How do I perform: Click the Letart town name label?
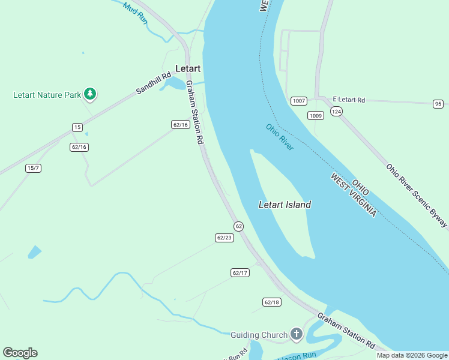coord(187,68)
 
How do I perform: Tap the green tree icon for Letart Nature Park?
coord(90,94)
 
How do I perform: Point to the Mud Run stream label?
coord(135,13)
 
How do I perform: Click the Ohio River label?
coord(280,137)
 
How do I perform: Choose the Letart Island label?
coord(285,205)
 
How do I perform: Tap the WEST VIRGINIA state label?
coord(354,196)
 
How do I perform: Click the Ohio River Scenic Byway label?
coord(416,196)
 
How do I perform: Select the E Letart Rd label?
coord(349,100)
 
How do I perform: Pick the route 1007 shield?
coord(299,101)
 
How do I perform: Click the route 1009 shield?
coord(316,115)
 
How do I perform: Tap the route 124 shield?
coord(336,112)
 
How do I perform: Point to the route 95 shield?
coord(438,104)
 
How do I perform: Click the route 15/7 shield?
coord(34,168)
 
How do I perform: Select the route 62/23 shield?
coord(224,238)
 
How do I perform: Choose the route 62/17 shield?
coord(240,273)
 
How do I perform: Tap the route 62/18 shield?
coord(271,302)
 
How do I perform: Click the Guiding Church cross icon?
coord(296,334)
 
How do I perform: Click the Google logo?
coord(20,353)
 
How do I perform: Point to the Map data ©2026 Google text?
coord(411,355)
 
